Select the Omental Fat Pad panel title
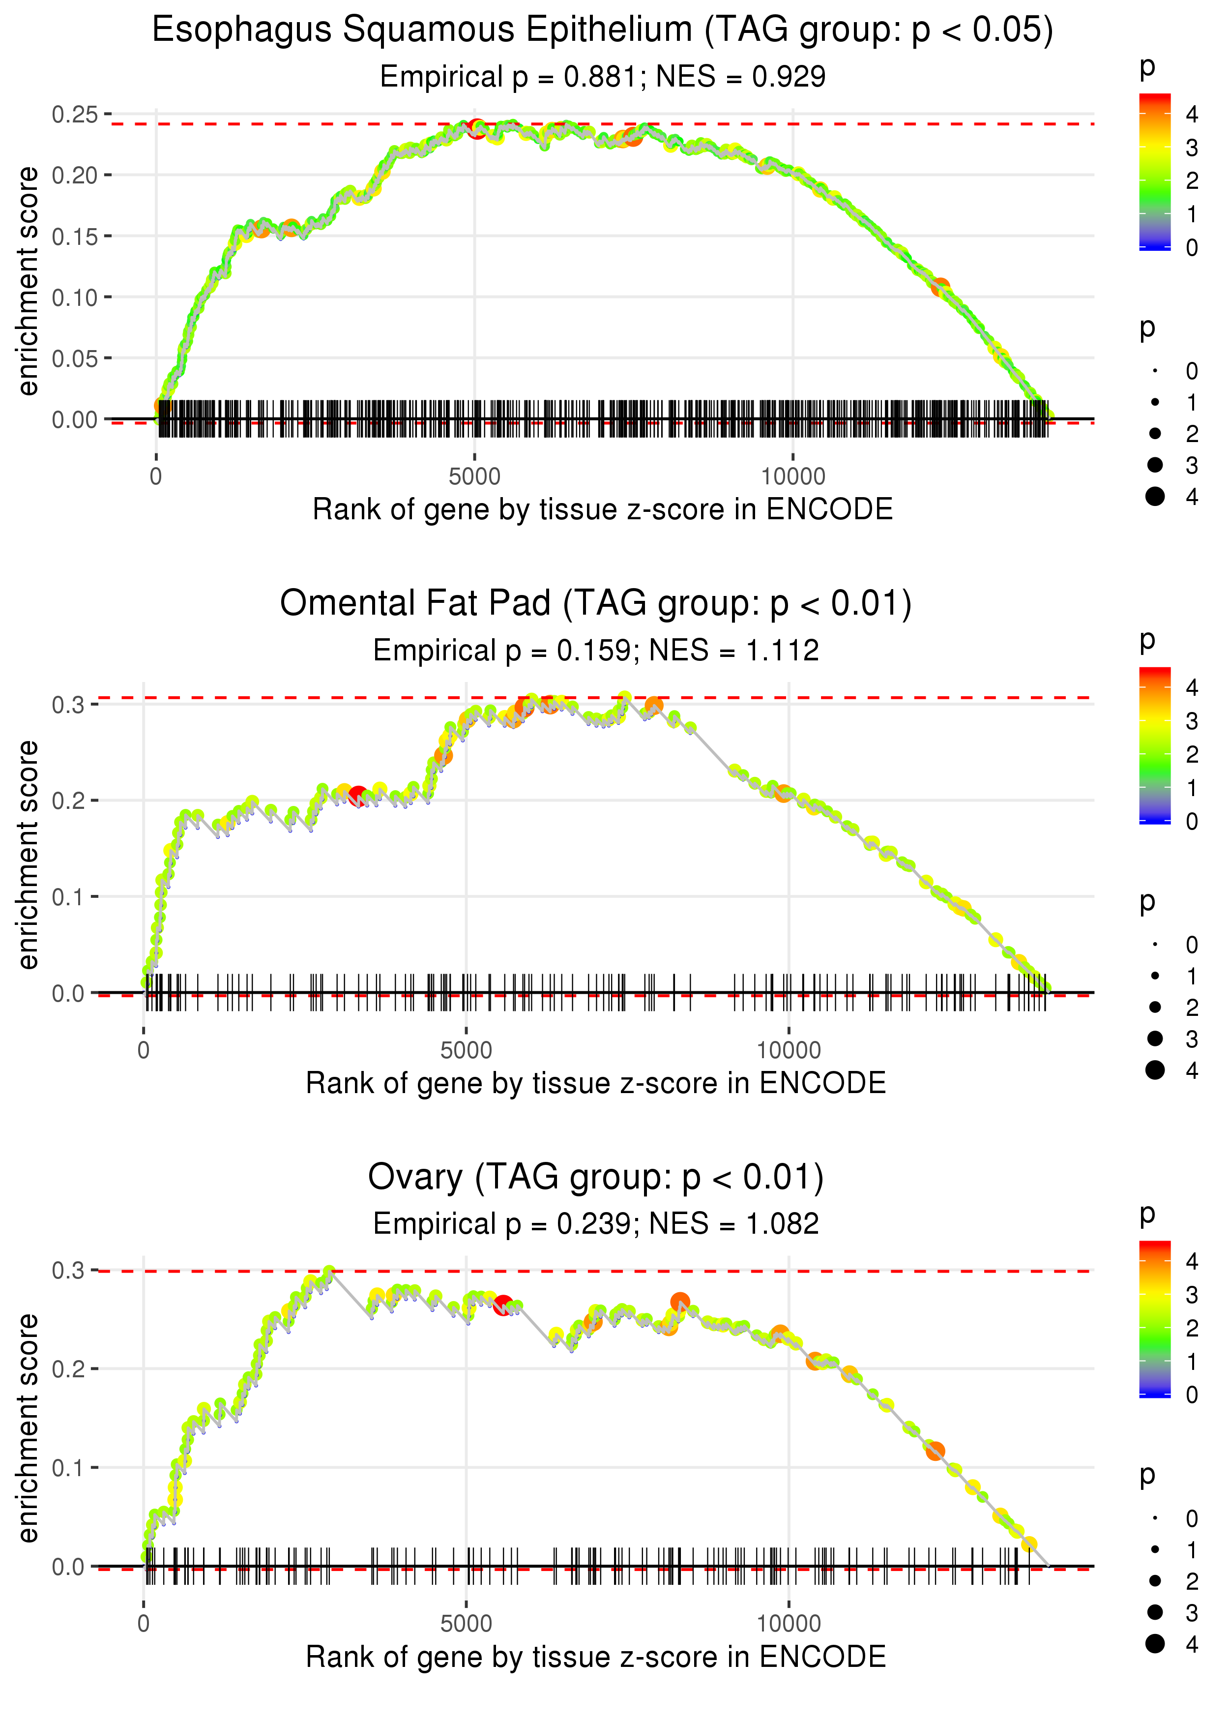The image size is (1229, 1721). [596, 604]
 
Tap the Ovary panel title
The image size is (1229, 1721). [596, 1178]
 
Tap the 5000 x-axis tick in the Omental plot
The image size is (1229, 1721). [466, 1050]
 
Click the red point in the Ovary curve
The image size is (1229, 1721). [502, 1305]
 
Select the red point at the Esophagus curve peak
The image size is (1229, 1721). [476, 128]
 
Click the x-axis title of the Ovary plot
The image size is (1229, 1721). [596, 1657]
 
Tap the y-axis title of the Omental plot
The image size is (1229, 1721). [28, 855]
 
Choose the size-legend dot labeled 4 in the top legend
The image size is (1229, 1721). [1155, 497]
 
